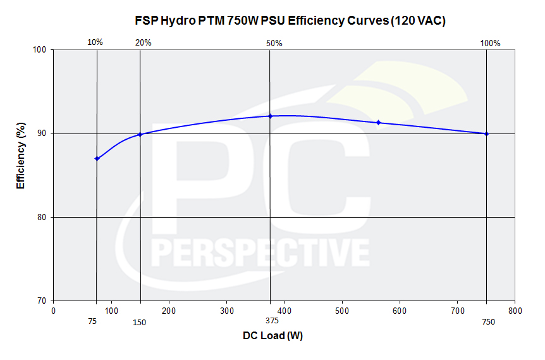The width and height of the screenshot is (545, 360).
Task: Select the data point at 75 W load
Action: [x=97, y=158]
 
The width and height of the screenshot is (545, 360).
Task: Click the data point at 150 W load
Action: [x=140, y=134]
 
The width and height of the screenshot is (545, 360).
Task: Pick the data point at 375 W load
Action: [x=270, y=116]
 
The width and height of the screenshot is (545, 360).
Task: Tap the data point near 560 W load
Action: [x=378, y=122]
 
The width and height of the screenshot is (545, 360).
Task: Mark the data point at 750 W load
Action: [x=486, y=133]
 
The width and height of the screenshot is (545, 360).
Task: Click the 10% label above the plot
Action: [x=95, y=43]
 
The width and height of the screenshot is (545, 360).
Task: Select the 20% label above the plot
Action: [x=144, y=43]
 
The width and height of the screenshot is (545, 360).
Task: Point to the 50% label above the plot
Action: [x=274, y=44]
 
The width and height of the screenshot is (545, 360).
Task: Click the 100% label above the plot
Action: [x=490, y=44]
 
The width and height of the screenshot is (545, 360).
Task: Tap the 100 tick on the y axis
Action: [x=42, y=50]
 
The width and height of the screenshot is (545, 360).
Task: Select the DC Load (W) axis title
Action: [x=272, y=336]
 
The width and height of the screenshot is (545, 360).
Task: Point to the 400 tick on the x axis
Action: [x=285, y=311]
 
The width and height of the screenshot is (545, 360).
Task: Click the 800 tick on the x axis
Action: [x=515, y=311]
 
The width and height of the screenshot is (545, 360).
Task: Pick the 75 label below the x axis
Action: [x=93, y=321]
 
